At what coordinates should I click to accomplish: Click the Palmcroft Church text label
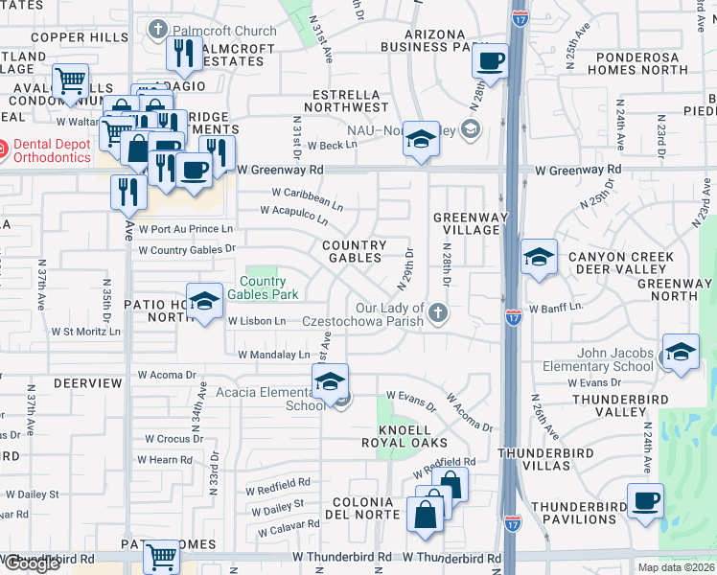224,31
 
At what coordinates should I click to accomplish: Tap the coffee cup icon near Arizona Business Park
491,62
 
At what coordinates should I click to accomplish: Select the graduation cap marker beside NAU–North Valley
419,140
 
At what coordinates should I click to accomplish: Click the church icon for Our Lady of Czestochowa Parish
438,313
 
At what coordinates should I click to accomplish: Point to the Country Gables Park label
268,287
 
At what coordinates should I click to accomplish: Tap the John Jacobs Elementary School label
597,360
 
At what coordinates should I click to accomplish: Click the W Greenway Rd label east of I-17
578,169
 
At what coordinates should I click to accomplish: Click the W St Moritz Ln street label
85,333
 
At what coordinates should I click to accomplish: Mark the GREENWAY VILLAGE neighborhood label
468,223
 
